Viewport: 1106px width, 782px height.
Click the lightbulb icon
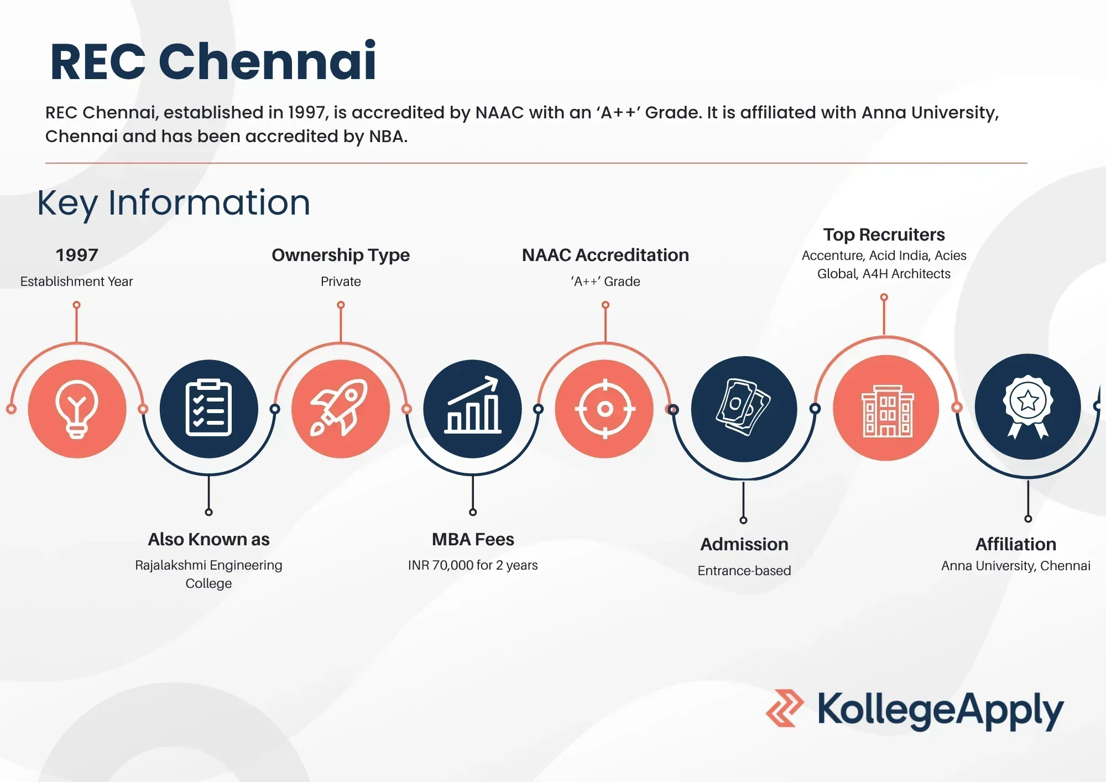point(77,409)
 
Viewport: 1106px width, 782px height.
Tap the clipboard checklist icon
point(208,408)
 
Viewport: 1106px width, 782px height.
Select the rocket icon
point(339,408)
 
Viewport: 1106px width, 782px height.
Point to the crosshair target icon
point(605,409)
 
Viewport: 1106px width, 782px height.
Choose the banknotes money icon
point(743,407)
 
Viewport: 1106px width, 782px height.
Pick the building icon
point(887,411)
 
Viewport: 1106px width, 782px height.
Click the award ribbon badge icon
point(1027,406)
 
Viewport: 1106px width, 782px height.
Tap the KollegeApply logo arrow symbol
point(784,708)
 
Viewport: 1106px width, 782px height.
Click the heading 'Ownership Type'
point(341,255)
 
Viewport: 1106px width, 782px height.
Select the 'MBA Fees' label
point(473,539)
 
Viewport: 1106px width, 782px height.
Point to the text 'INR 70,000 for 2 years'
point(473,565)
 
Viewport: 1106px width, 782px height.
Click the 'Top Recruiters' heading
point(884,234)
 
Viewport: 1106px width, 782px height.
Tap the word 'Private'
point(341,281)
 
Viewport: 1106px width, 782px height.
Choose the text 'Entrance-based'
point(744,571)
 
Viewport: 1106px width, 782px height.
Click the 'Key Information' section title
point(174,202)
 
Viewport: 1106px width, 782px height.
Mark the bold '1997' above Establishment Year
point(77,255)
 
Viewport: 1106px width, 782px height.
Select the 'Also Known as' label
point(208,539)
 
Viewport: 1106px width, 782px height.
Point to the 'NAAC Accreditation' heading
point(606,255)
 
